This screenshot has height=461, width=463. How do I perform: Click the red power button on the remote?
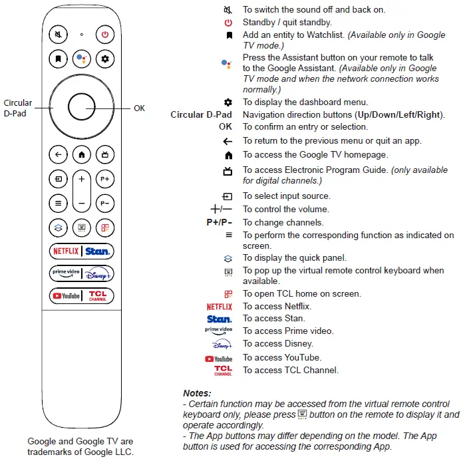click(x=104, y=35)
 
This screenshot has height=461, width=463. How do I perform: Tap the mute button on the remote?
click(x=59, y=35)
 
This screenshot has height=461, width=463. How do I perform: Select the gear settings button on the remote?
click(x=104, y=59)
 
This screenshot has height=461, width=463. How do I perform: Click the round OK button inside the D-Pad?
click(x=81, y=106)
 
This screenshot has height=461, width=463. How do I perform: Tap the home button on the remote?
click(x=81, y=155)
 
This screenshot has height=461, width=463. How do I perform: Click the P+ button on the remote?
click(x=104, y=180)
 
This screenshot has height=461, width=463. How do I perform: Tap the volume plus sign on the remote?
click(x=81, y=180)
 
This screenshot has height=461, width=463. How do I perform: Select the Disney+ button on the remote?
click(x=98, y=273)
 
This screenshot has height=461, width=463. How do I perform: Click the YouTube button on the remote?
click(x=65, y=296)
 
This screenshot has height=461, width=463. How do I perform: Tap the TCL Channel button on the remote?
click(x=98, y=296)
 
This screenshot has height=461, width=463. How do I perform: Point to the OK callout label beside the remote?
click(x=139, y=108)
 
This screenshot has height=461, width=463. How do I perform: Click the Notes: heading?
click(x=197, y=393)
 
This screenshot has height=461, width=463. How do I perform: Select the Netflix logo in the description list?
click(x=220, y=307)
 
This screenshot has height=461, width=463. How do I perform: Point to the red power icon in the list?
click(x=228, y=23)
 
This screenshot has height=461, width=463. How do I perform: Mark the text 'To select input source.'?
click(x=286, y=196)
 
